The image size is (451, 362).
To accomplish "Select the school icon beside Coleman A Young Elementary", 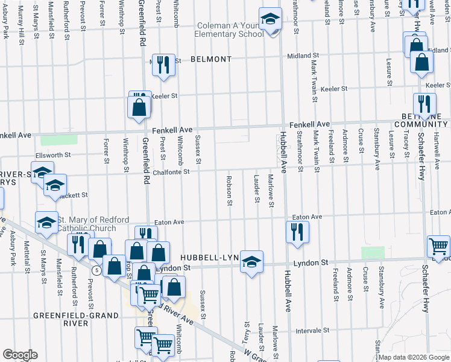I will point(271,19).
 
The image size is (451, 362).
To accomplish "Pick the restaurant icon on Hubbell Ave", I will point(296,231).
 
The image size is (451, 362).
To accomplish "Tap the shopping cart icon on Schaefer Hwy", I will point(438,246).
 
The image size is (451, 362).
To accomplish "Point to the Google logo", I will point(20,355).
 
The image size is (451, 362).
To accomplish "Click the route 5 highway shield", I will point(96,270).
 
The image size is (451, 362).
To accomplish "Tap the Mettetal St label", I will point(28,256).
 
